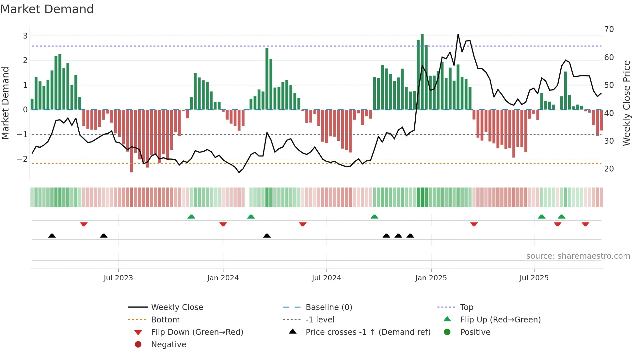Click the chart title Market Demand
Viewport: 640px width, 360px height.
[x=47, y=9]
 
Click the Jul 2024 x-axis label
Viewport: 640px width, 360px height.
[x=326, y=278]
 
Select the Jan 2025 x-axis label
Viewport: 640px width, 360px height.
[x=431, y=278]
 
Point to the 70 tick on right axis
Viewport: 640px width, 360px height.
[x=609, y=29]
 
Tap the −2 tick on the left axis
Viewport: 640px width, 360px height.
[x=22, y=159]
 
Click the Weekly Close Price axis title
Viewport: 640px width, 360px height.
[x=626, y=103]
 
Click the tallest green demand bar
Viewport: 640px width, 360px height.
[x=422, y=72]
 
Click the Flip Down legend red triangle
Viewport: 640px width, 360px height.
[x=138, y=333]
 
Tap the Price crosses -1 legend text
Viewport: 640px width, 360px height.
[x=368, y=332]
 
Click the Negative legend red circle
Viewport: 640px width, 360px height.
[x=138, y=345]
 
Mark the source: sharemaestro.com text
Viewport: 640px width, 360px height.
[x=578, y=256]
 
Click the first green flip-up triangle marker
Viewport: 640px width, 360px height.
[x=191, y=217]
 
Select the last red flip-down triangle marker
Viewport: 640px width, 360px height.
[x=585, y=224]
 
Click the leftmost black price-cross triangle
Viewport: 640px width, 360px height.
[x=52, y=236]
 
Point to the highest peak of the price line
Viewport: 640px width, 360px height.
[x=458, y=34]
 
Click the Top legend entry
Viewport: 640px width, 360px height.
[x=466, y=307]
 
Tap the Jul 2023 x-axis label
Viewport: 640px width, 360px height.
[x=118, y=278]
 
